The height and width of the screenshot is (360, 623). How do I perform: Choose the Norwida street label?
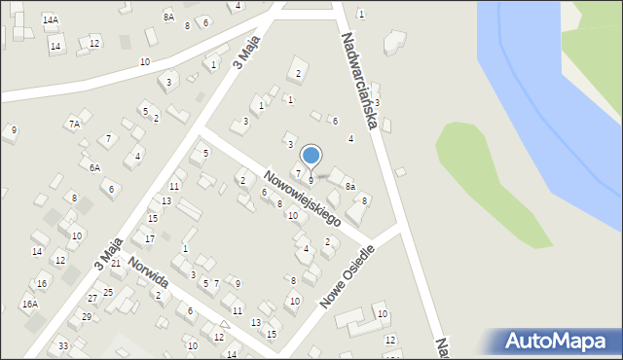click(148, 273)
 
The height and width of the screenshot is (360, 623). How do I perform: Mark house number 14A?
click(50, 19)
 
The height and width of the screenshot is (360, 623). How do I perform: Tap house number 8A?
click(168, 17)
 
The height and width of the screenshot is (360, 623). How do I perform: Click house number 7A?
click(73, 124)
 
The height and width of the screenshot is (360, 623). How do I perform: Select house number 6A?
click(94, 167)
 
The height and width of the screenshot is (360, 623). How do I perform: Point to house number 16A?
click(30, 304)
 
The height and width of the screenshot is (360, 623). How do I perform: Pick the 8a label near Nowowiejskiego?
click(350, 186)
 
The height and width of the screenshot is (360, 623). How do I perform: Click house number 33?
click(63, 346)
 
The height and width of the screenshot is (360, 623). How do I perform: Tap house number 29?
click(87, 317)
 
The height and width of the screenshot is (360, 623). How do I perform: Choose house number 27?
click(92, 298)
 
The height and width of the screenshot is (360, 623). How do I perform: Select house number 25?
click(108, 292)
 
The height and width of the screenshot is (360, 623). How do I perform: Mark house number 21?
click(115, 263)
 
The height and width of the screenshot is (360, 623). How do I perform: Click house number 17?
click(149, 238)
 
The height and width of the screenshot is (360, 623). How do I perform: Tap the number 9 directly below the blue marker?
click(311, 181)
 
